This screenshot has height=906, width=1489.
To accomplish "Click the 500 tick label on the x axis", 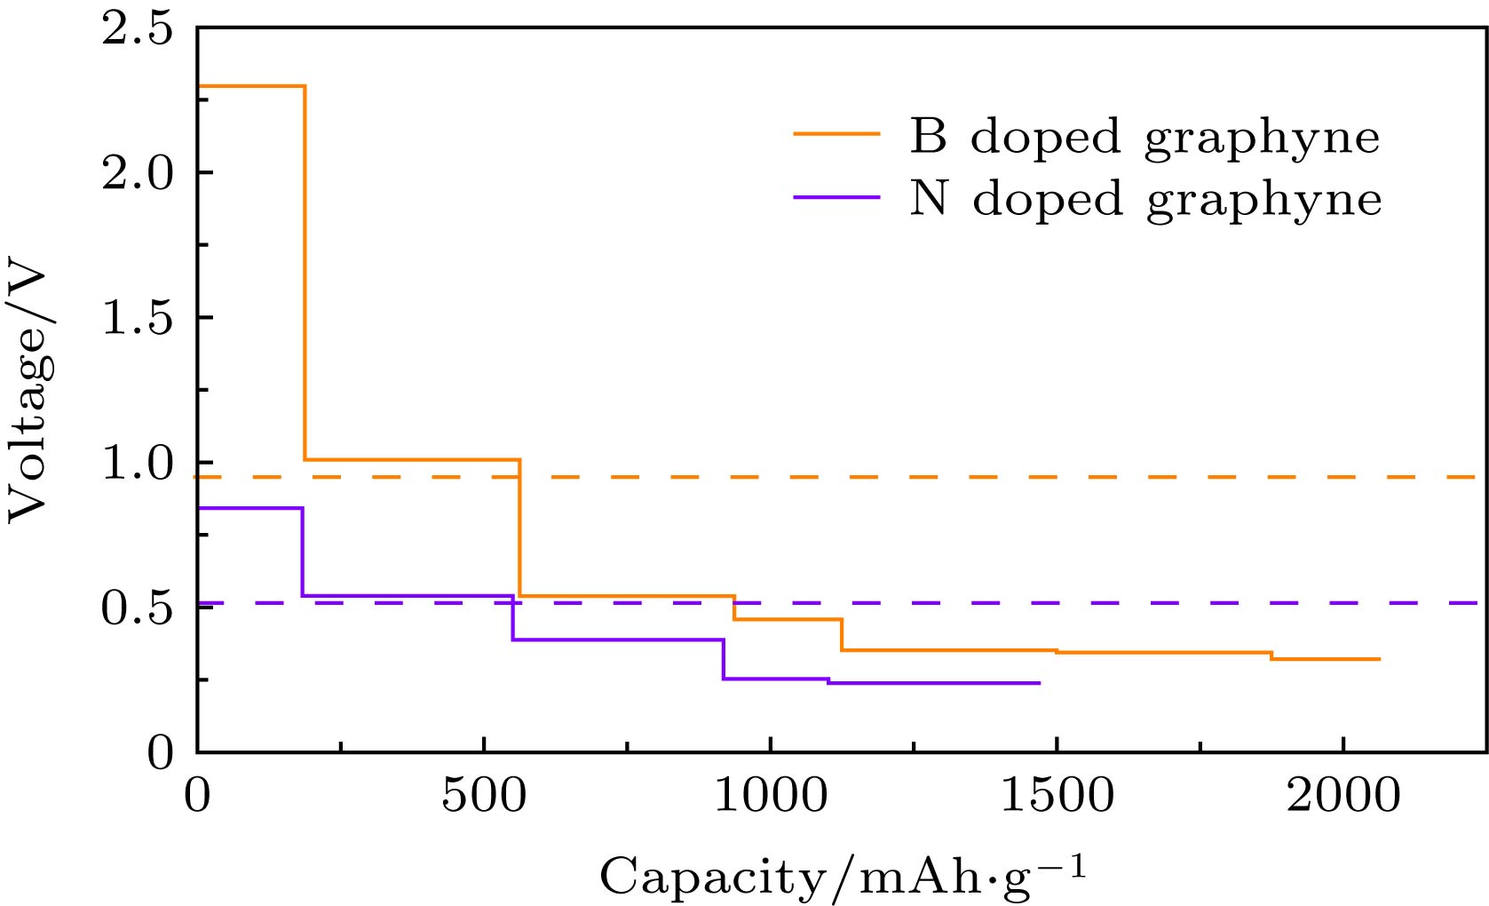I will tap(484, 795).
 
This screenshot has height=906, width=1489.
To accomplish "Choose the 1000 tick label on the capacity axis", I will tap(770, 795).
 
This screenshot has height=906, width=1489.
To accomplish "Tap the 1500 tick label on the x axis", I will tap(1057, 795).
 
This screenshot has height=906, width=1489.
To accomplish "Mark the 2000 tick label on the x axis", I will tap(1342, 795).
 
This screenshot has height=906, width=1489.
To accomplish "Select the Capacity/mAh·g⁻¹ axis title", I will tap(843, 877).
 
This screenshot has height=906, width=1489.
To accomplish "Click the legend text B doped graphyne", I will tap(1144, 138).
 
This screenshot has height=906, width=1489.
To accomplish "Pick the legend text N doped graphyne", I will tap(1145, 199).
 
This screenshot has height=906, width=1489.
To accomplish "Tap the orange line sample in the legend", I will tap(836, 134).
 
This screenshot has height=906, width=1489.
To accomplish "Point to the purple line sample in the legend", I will tap(836, 196).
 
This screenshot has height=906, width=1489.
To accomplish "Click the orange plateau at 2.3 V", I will tap(251, 86).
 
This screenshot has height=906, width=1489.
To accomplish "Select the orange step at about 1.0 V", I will tap(413, 459).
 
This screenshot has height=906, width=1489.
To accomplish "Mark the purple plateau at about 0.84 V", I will tap(249, 508).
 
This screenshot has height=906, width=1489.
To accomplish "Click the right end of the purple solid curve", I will tap(1038, 683).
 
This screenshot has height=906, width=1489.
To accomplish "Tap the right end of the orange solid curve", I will tap(1379, 659).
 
